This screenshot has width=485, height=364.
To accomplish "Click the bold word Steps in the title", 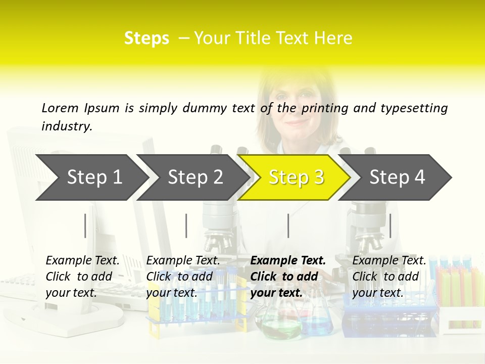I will [x=147, y=38].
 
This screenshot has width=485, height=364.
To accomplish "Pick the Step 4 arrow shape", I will [x=397, y=177].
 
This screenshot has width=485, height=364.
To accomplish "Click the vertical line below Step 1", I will [x=85, y=225].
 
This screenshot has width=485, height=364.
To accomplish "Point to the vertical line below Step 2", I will [x=186, y=225].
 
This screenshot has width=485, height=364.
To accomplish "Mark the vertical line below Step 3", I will [x=288, y=225].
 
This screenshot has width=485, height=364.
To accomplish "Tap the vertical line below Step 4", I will [x=390, y=225].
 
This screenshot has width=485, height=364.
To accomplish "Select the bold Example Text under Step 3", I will [x=288, y=277].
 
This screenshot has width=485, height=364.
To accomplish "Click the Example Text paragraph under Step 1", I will [x=82, y=277].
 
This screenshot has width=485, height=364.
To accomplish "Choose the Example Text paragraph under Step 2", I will [x=183, y=277].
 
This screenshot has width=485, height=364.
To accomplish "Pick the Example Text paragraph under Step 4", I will [x=389, y=277].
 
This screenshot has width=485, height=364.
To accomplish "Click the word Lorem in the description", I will [x=60, y=108].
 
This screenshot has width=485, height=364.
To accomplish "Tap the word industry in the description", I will [x=67, y=126].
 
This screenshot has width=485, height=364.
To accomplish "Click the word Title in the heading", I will [x=270, y=38].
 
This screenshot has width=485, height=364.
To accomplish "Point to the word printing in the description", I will [x=325, y=108].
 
